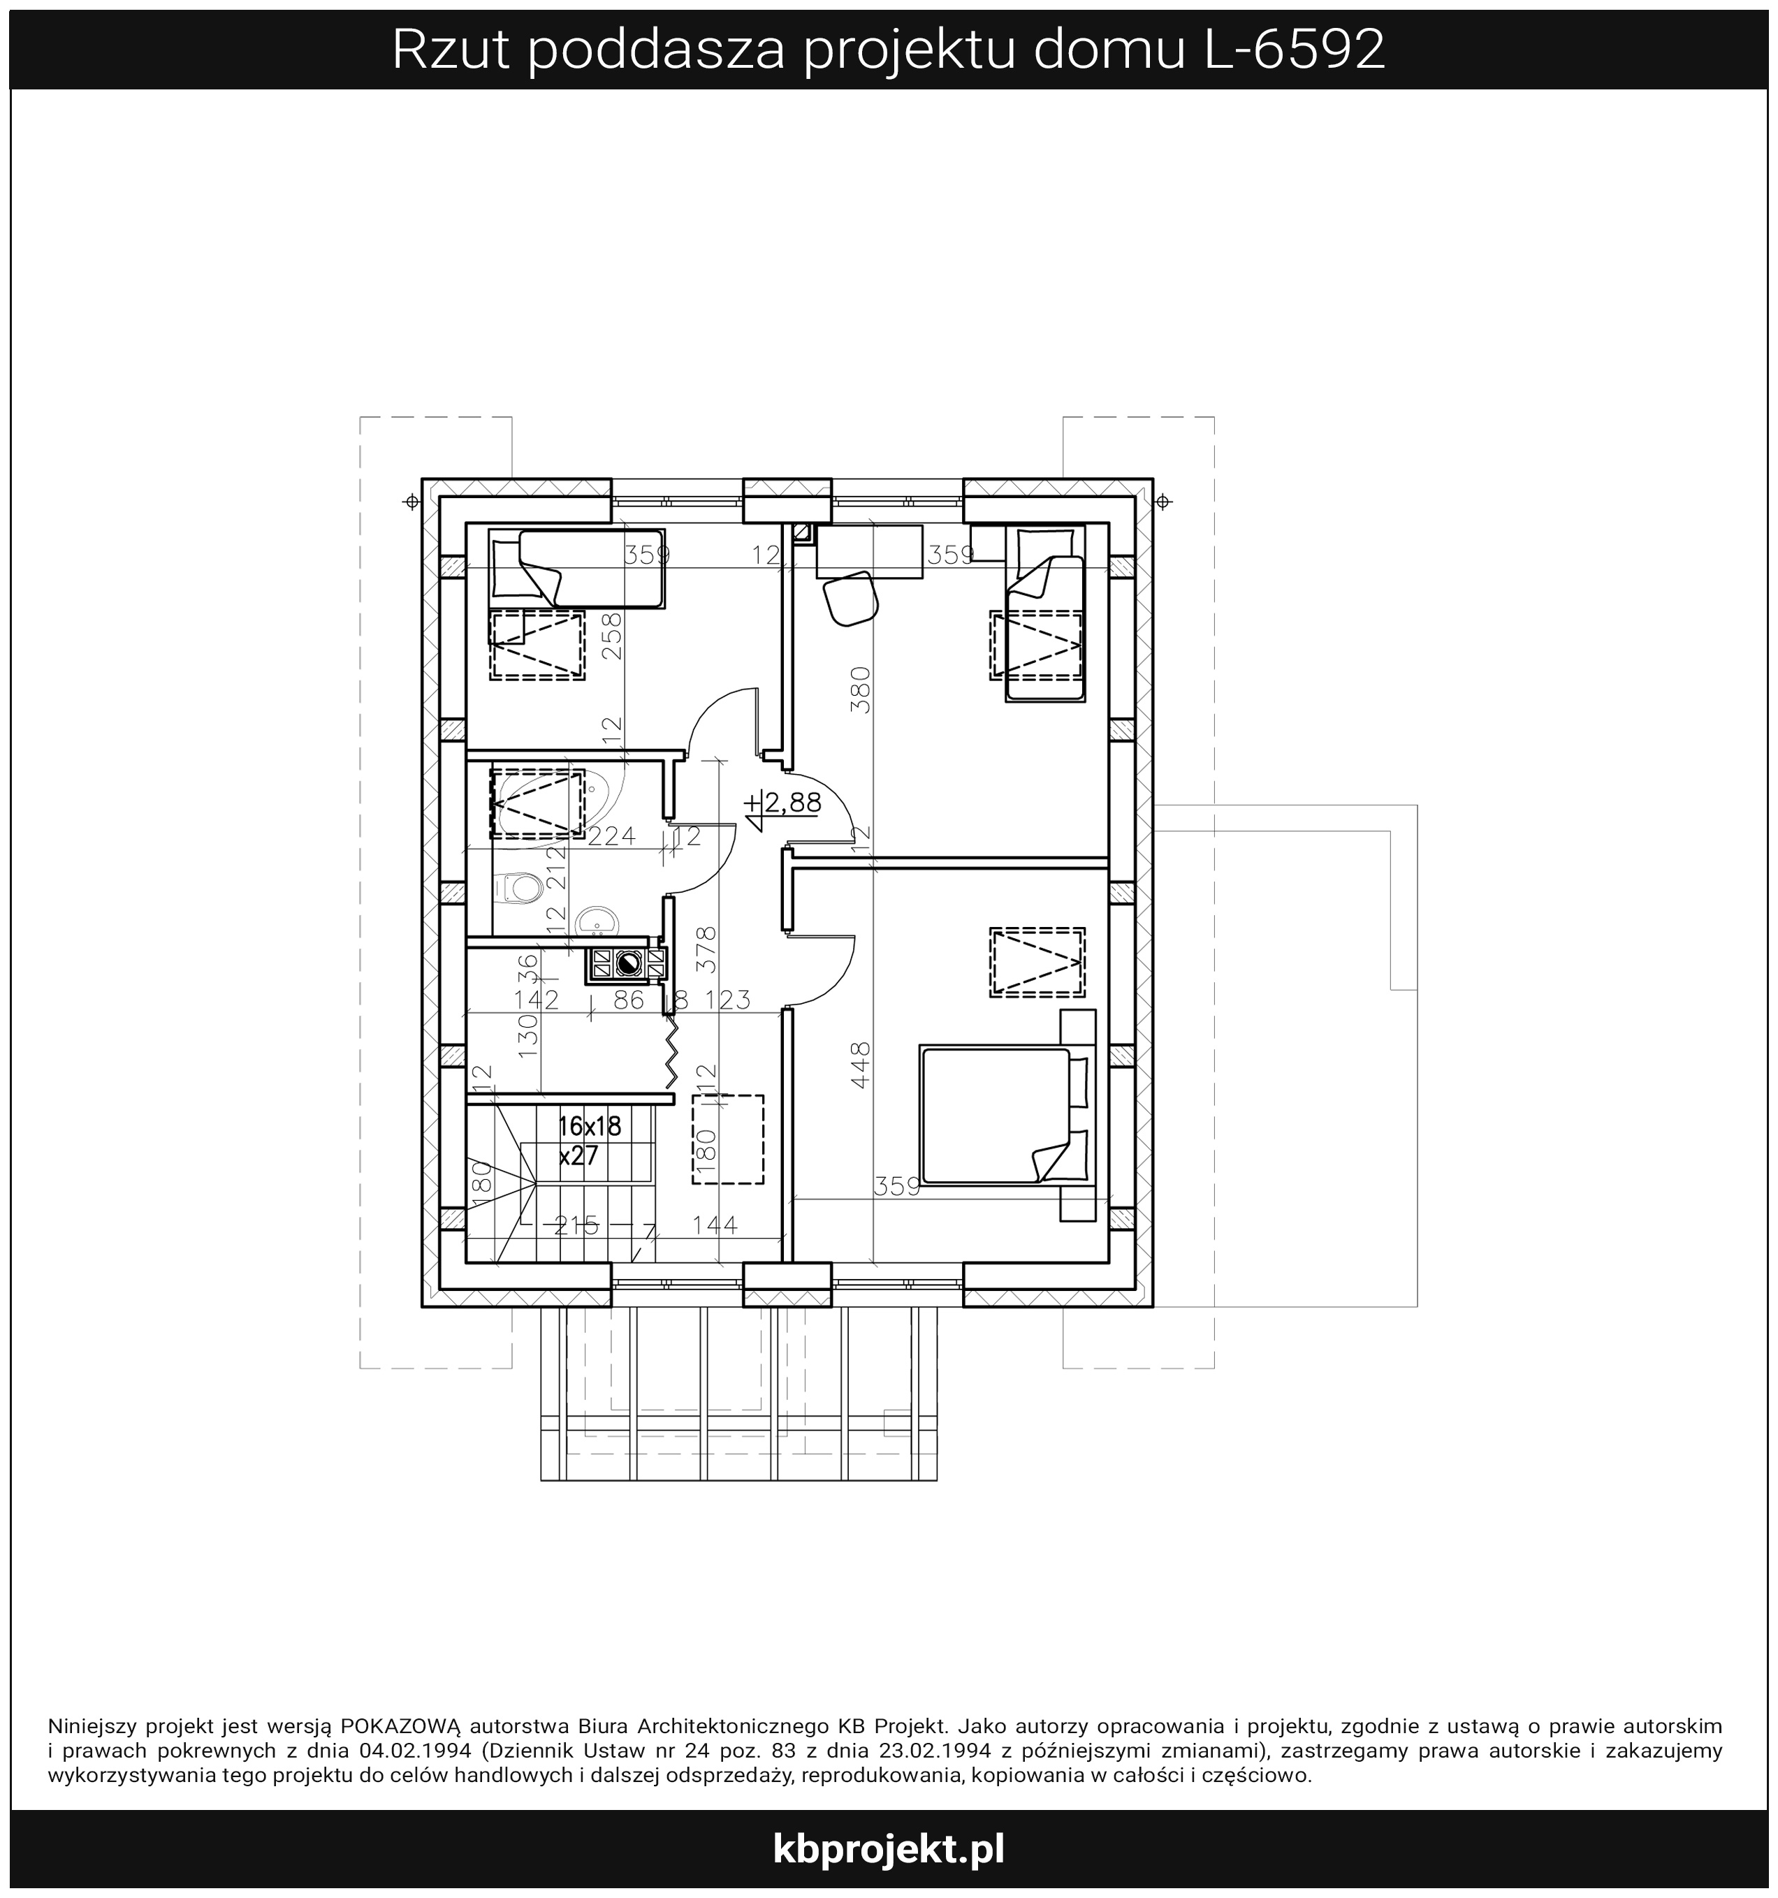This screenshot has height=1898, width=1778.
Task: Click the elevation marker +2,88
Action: [x=785, y=804]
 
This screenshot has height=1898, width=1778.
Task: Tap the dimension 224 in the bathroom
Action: [x=611, y=836]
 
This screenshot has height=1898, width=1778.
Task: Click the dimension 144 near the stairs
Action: [x=714, y=1224]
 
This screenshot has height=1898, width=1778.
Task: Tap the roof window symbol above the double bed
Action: [x=1037, y=963]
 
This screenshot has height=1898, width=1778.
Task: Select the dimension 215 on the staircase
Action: [x=575, y=1224]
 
